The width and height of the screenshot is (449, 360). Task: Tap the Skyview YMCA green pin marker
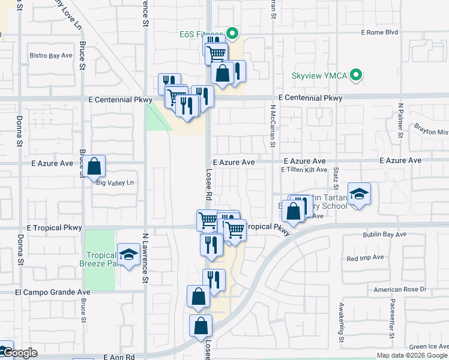coord(357,76)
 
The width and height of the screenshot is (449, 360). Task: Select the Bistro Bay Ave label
coord(51,55)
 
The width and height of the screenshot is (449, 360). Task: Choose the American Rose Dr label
coord(400,289)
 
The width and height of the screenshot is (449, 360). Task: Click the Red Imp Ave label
coord(365,257)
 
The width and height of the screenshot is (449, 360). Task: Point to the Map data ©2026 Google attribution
coord(411,355)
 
